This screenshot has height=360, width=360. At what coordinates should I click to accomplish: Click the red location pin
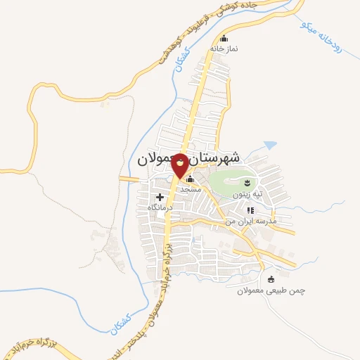[x=181, y=165]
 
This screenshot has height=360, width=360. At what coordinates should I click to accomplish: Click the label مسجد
[x=190, y=189]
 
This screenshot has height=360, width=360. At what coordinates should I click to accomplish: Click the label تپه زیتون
[x=247, y=193]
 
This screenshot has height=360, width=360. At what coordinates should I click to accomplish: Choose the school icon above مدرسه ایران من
[x=250, y=210]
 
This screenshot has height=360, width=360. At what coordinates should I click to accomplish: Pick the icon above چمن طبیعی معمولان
[x=271, y=279]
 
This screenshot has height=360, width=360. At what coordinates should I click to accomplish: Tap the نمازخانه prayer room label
[x=224, y=49]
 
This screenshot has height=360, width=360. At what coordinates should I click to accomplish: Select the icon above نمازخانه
[x=224, y=39]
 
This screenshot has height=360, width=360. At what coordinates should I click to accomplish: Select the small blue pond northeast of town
[x=269, y=146]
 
